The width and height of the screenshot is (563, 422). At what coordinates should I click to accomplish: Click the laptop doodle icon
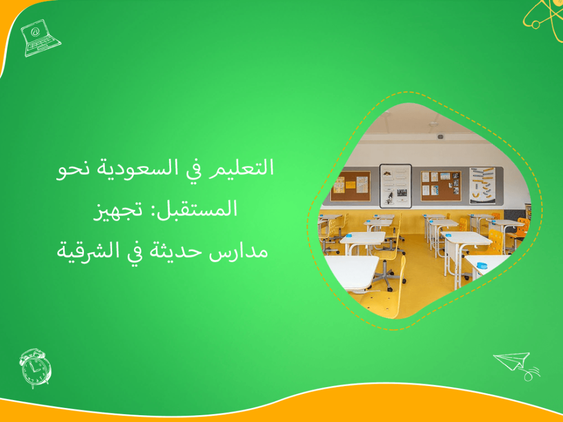[40, 38]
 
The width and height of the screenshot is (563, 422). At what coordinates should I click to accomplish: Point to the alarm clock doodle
[35, 367]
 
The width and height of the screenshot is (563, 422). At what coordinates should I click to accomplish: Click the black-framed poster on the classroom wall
[395, 186]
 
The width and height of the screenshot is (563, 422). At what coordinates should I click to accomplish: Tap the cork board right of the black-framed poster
[440, 185]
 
